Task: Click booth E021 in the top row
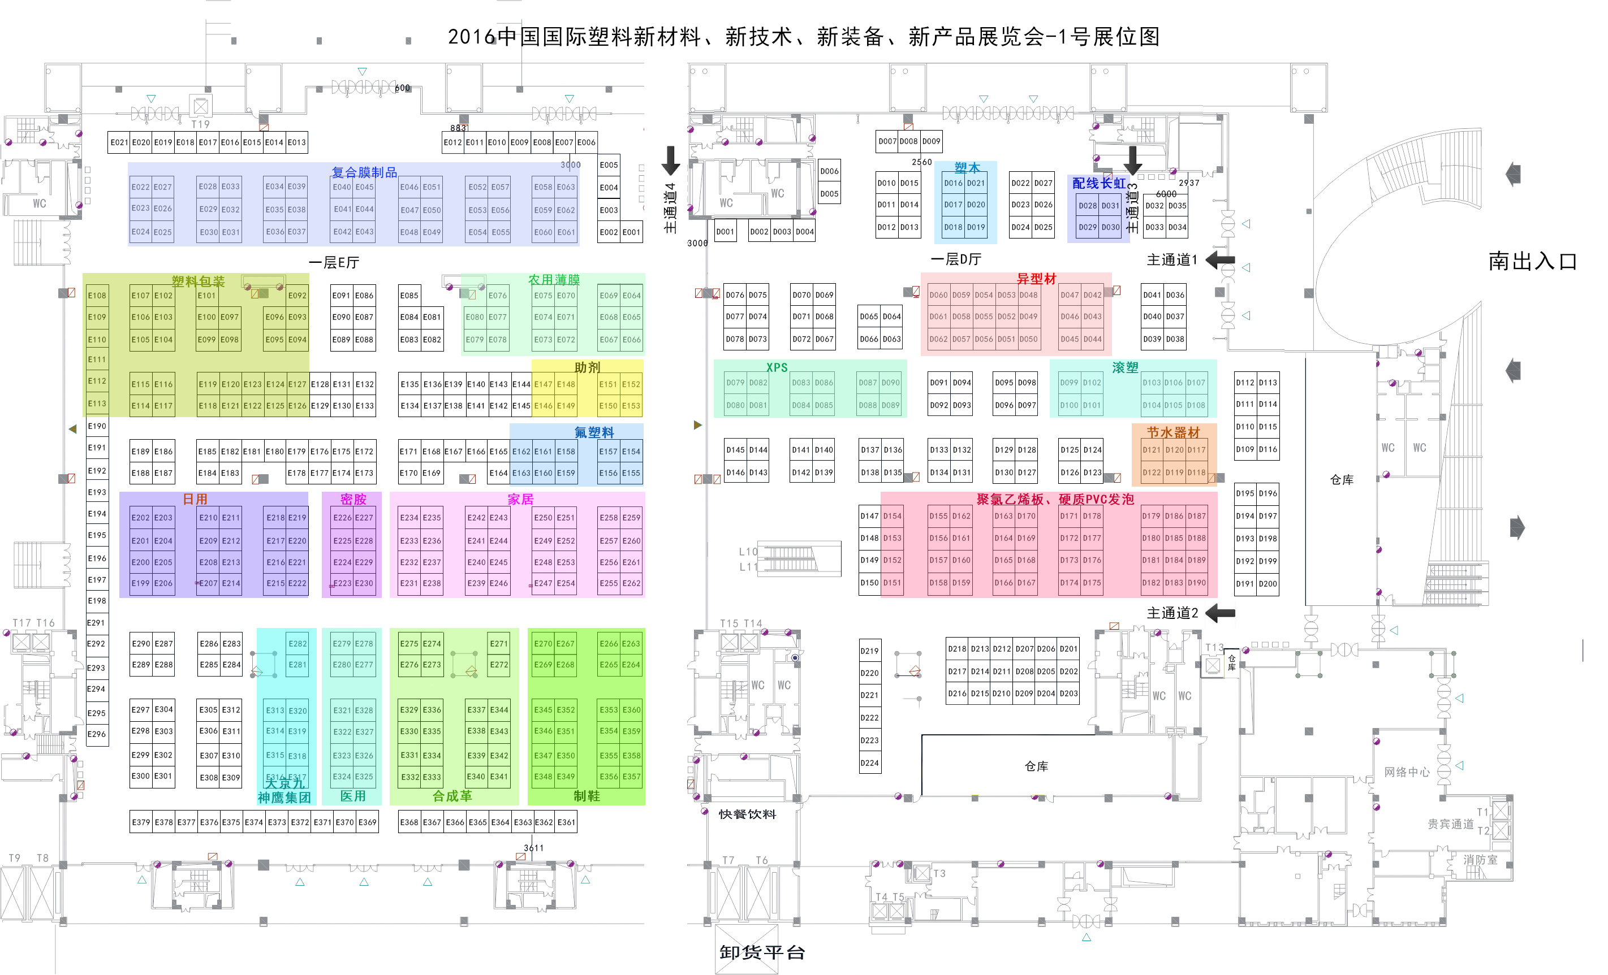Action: click(119, 142)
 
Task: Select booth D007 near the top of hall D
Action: click(887, 141)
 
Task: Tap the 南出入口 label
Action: click(1532, 262)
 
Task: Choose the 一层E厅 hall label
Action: click(334, 263)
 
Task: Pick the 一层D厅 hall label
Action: click(955, 259)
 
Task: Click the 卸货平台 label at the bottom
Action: click(762, 952)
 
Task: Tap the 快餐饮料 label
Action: click(747, 814)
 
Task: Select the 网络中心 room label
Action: click(1406, 772)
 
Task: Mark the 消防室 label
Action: click(1480, 860)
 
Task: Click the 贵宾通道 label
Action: click(1450, 824)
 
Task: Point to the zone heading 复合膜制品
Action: click(364, 173)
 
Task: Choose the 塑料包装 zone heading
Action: click(198, 281)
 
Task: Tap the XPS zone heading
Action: click(777, 368)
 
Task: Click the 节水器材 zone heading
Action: click(1174, 432)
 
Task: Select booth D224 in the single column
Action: click(869, 763)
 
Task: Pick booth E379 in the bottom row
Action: click(141, 822)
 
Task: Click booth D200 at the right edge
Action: click(1268, 584)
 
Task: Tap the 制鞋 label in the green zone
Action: click(586, 796)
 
